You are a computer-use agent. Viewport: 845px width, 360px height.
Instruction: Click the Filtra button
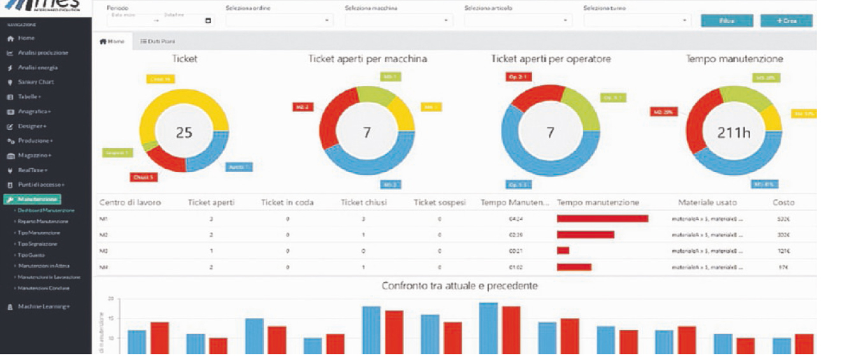tap(726, 21)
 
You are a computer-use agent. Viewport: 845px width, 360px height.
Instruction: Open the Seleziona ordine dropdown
tap(279, 20)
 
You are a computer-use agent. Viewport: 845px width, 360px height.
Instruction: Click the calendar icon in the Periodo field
tap(208, 20)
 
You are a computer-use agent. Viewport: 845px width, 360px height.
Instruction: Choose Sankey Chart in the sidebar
tap(36, 82)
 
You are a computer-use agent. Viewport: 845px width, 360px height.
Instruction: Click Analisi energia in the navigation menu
tap(38, 68)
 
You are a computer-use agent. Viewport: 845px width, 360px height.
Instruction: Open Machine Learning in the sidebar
tap(43, 306)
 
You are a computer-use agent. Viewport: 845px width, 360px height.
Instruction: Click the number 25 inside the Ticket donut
tap(184, 133)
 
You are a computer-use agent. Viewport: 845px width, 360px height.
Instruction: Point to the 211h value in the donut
tap(734, 133)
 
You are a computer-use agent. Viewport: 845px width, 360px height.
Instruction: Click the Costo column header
tap(783, 203)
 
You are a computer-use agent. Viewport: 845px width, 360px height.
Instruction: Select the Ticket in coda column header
tap(288, 203)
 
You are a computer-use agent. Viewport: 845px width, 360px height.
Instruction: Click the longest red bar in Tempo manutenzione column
tap(602, 219)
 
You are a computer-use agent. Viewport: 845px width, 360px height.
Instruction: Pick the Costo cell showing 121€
tap(783, 251)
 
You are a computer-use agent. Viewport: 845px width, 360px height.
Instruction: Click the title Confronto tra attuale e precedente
tap(459, 286)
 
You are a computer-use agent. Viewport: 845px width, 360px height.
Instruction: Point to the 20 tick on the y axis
tap(110, 299)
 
